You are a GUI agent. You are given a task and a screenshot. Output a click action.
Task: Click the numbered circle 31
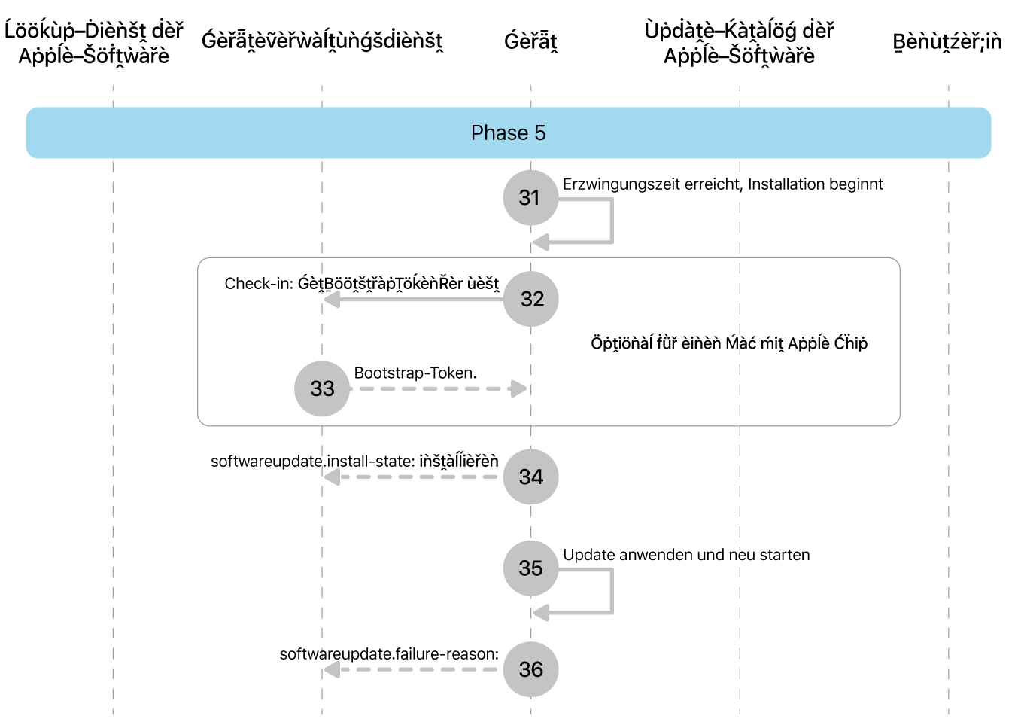530,197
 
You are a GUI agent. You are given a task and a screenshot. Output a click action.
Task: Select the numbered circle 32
531,299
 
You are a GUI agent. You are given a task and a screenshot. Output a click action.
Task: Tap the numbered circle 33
322,388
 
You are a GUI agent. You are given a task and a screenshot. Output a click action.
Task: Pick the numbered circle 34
531,477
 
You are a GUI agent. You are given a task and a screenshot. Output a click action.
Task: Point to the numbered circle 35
530,568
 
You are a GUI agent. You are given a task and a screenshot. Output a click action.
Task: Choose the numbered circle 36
531,669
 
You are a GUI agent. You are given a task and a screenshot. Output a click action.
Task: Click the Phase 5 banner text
508,133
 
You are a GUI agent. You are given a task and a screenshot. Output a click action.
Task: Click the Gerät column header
530,41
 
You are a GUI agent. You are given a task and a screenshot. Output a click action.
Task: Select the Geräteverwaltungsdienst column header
322,41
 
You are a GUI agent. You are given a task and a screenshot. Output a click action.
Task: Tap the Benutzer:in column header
947,41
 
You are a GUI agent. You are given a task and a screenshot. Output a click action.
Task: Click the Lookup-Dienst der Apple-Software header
94,43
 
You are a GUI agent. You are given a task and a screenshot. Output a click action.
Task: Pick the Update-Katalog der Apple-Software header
739,43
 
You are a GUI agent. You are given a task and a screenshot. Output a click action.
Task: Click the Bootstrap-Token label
415,373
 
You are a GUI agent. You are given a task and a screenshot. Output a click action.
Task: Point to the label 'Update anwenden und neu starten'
686,555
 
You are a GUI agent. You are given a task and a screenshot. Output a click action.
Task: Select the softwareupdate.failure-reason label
389,654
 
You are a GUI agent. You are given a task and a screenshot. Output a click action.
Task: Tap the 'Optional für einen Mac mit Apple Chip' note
729,343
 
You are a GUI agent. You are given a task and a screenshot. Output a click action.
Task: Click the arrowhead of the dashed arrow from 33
518,389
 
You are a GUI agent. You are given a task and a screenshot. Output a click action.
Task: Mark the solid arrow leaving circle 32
414,300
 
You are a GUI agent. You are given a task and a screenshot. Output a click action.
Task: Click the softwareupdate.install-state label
354,461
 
